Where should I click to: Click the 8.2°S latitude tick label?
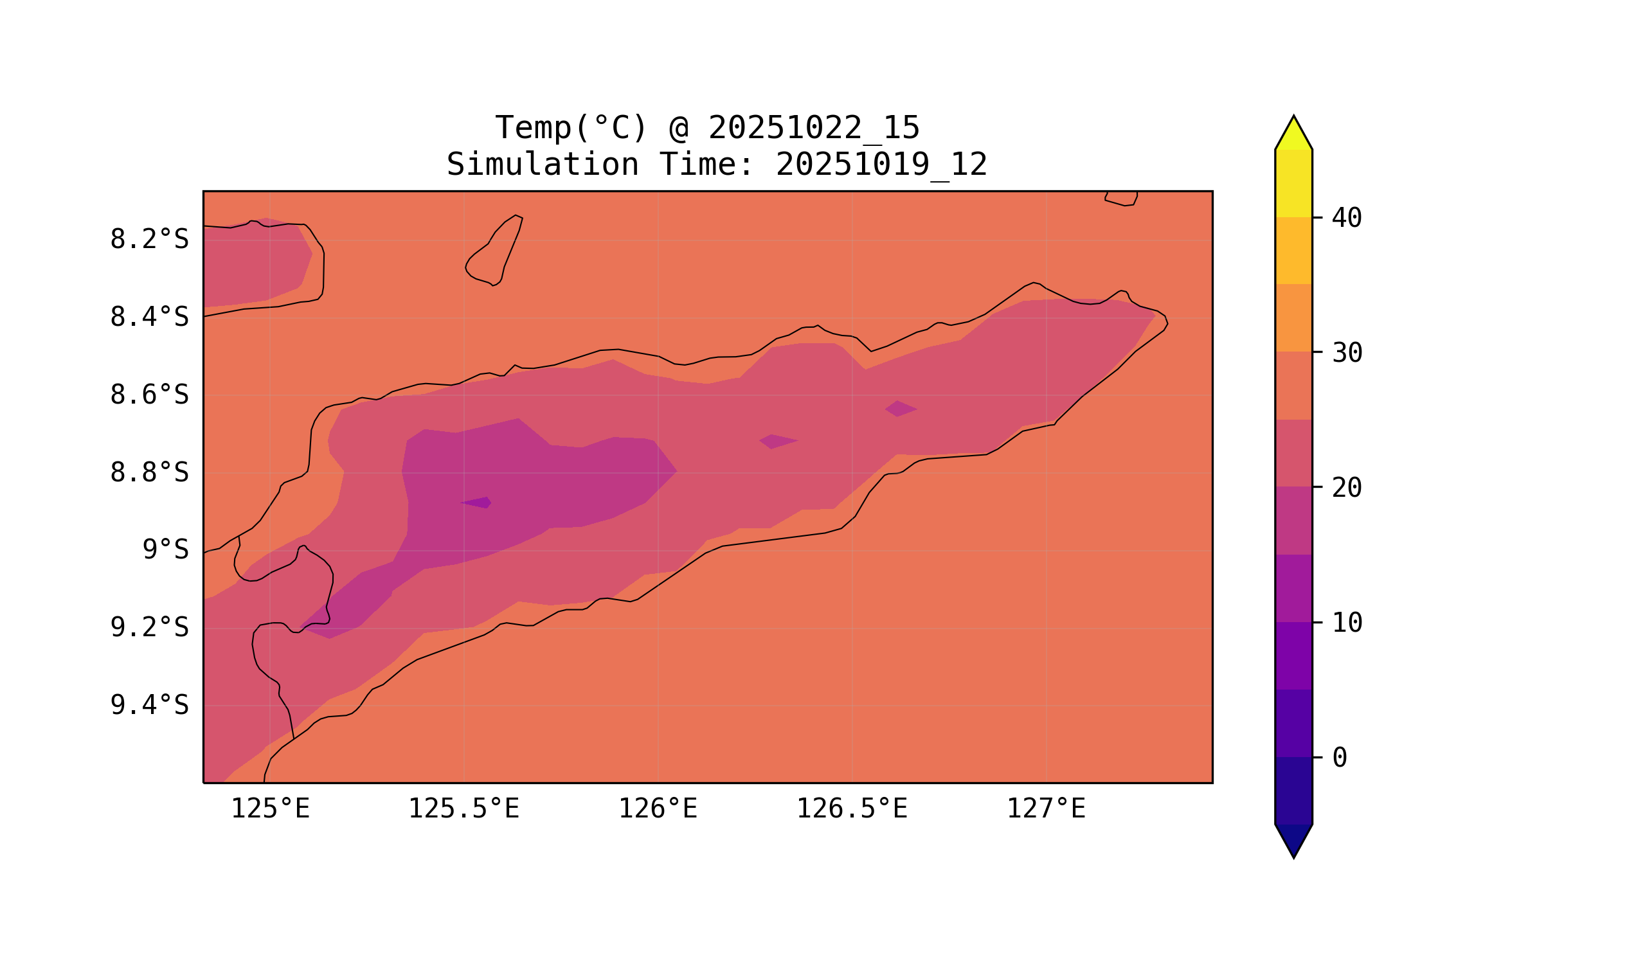pos(148,240)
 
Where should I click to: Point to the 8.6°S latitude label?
pos(148,395)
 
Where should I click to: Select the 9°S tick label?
pos(165,550)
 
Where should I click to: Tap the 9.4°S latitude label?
pos(148,705)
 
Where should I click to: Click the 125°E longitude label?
pos(270,808)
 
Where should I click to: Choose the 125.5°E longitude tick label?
pos(463,808)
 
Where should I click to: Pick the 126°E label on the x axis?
pos(658,808)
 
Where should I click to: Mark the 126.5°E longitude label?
pos(851,808)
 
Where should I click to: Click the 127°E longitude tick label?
pos(1045,808)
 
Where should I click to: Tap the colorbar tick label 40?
pos(1346,219)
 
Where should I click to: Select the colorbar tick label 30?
pos(1346,353)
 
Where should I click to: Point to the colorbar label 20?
pos(1346,488)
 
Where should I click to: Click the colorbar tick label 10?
pos(1346,623)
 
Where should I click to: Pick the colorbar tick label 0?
pos(1339,758)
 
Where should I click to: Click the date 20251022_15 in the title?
pos(814,128)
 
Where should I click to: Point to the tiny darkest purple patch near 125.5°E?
pos(478,502)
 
